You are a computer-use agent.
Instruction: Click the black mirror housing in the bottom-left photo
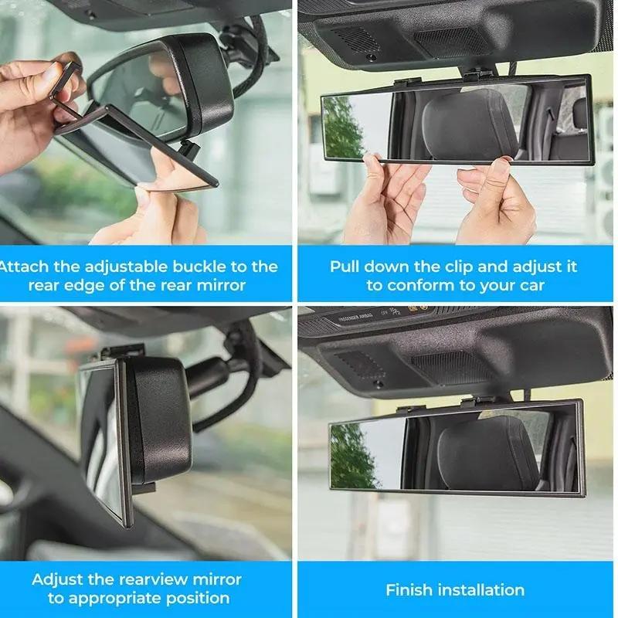pos(158,421)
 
